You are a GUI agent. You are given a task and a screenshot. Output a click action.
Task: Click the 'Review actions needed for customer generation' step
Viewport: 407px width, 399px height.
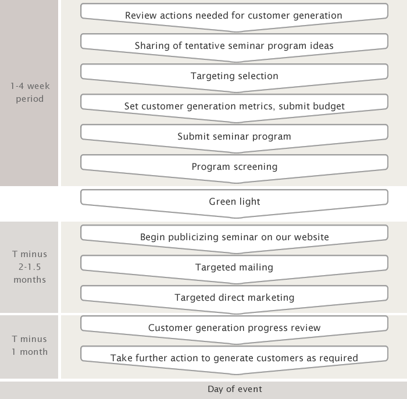[x=234, y=16]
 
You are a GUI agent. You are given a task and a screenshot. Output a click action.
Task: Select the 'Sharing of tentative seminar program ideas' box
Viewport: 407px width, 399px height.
[x=234, y=46]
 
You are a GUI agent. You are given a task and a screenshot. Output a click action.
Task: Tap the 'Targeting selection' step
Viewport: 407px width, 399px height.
[x=234, y=76]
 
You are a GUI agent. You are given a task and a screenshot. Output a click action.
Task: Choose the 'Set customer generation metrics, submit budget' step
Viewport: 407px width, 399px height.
[x=234, y=106]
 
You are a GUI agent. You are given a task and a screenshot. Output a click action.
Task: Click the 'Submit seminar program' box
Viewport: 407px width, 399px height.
[x=234, y=137]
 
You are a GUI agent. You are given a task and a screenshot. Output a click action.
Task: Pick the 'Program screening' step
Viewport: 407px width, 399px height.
[x=234, y=167]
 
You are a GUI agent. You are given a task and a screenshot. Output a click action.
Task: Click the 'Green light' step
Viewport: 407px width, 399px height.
[x=234, y=202]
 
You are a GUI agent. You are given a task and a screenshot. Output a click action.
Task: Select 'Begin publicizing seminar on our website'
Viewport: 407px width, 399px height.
[x=234, y=237]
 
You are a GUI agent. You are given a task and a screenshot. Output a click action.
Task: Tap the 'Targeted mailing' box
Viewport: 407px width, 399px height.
[x=234, y=268]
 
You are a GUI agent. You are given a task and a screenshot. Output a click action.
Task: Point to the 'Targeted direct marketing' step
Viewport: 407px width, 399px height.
[x=234, y=297]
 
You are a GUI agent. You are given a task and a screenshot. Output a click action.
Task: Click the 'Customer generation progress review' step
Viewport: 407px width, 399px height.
[x=234, y=328]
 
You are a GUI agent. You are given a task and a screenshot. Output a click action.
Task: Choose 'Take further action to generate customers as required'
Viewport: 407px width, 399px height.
[x=234, y=358]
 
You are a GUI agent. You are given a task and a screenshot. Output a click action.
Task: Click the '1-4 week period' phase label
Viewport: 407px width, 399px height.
[x=30, y=92]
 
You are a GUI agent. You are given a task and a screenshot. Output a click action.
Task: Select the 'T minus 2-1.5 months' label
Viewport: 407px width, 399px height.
[x=30, y=267]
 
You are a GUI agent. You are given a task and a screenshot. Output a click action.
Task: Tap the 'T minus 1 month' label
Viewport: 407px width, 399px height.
[x=30, y=345]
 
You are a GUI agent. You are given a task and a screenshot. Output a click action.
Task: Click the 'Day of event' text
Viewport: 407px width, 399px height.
[x=235, y=389]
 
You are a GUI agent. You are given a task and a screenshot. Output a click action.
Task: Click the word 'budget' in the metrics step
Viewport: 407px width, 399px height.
[x=329, y=106]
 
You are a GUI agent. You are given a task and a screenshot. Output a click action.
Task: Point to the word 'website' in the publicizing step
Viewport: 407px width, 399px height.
[x=311, y=237]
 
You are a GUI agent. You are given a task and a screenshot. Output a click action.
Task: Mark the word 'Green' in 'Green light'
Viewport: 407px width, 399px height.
[x=222, y=202]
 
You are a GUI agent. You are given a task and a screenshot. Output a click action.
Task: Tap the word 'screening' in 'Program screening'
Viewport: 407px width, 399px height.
[x=256, y=167]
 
